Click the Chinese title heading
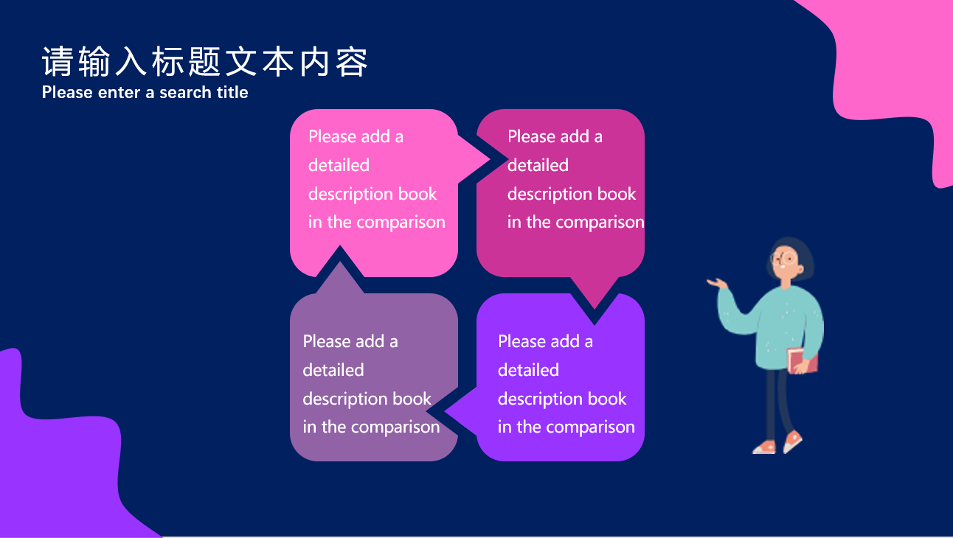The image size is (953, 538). click(x=204, y=62)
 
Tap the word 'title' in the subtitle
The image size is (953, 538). click(x=232, y=92)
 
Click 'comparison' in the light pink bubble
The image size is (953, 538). click(x=401, y=223)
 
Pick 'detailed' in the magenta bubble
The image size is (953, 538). click(x=538, y=165)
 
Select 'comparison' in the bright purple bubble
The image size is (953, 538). click(x=590, y=427)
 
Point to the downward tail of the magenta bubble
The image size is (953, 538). click(x=595, y=293)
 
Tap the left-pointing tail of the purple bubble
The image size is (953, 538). click(x=461, y=412)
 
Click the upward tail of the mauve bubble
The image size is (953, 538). click(x=340, y=278)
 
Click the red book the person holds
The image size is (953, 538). click(x=803, y=360)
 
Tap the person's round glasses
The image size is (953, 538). click(x=783, y=259)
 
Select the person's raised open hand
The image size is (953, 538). click(x=717, y=283)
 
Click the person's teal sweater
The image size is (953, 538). click(x=779, y=327)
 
